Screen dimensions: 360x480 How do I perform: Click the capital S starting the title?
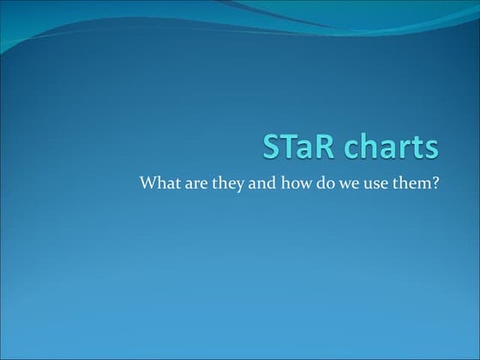click(272, 147)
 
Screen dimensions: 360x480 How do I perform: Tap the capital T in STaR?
click(288, 147)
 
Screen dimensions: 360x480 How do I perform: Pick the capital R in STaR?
click(320, 147)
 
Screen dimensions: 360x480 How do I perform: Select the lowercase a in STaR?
click(303, 149)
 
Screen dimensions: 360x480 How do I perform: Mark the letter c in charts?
click(343, 149)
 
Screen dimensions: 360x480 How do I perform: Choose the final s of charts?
click(431, 149)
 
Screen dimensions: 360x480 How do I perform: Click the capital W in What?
click(148, 183)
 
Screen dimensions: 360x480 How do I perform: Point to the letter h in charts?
click(361, 147)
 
